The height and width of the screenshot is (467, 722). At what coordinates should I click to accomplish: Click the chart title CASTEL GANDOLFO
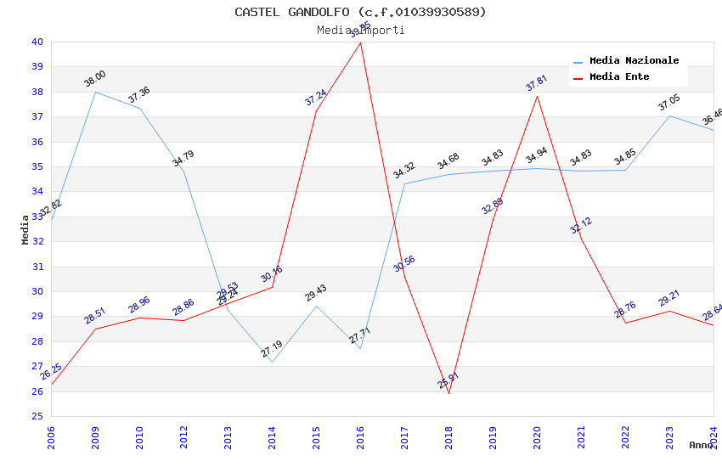[360, 12]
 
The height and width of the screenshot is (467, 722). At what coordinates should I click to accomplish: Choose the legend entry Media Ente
[619, 77]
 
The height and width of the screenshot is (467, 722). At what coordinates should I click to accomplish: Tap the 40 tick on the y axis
[37, 42]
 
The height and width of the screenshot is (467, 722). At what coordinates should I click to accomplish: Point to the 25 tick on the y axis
[37, 416]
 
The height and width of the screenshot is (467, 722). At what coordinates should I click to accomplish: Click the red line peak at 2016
[360, 42]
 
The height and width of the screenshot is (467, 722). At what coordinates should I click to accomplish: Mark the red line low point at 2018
[448, 393]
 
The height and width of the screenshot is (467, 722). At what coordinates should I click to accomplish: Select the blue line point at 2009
[95, 92]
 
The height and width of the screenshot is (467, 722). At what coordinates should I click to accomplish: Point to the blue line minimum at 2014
[272, 362]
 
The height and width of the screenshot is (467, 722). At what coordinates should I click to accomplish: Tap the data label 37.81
[536, 83]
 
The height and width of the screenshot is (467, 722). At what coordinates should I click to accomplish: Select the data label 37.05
[669, 104]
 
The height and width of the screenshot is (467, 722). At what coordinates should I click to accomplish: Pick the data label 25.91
[448, 380]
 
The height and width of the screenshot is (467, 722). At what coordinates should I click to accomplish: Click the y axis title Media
[25, 229]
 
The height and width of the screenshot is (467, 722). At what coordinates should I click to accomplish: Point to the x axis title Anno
[701, 445]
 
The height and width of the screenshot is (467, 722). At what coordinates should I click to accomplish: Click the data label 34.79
[183, 159]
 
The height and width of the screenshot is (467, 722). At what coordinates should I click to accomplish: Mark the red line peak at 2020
[537, 96]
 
